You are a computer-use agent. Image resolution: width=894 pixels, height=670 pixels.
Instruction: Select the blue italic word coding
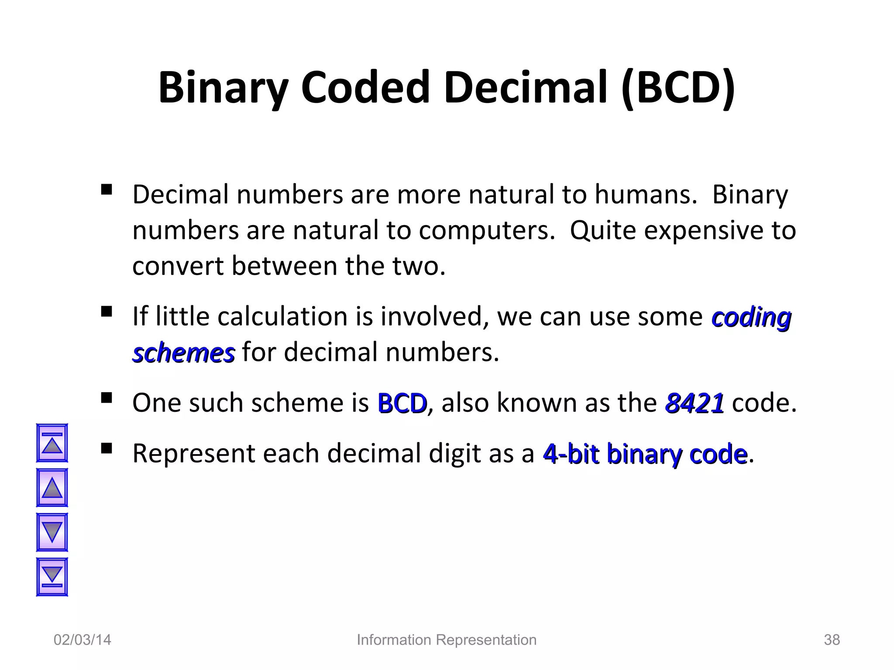tap(751, 317)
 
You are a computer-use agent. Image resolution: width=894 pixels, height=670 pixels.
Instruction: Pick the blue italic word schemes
tap(183, 353)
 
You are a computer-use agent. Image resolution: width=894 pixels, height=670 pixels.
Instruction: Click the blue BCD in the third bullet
tap(402, 403)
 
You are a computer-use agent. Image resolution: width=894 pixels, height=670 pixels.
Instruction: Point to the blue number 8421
tap(694, 403)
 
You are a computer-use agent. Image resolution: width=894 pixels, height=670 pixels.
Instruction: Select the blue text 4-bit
tap(571, 454)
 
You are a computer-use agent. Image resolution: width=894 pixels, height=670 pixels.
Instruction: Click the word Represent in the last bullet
tap(193, 454)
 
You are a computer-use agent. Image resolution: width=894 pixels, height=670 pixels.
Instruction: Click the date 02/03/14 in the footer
tap(82, 640)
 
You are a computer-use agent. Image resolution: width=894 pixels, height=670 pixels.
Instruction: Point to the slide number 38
tap(832, 640)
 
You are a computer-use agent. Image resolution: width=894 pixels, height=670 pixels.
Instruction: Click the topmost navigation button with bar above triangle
tap(52, 443)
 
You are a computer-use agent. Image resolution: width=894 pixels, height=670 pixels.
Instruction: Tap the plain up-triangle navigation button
tap(52, 488)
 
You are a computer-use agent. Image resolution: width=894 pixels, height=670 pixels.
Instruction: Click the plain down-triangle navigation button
tap(52, 532)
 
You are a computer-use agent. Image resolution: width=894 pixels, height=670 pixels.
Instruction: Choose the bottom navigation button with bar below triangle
tap(52, 577)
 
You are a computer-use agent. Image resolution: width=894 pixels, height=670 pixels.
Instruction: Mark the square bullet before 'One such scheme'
tap(106, 398)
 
